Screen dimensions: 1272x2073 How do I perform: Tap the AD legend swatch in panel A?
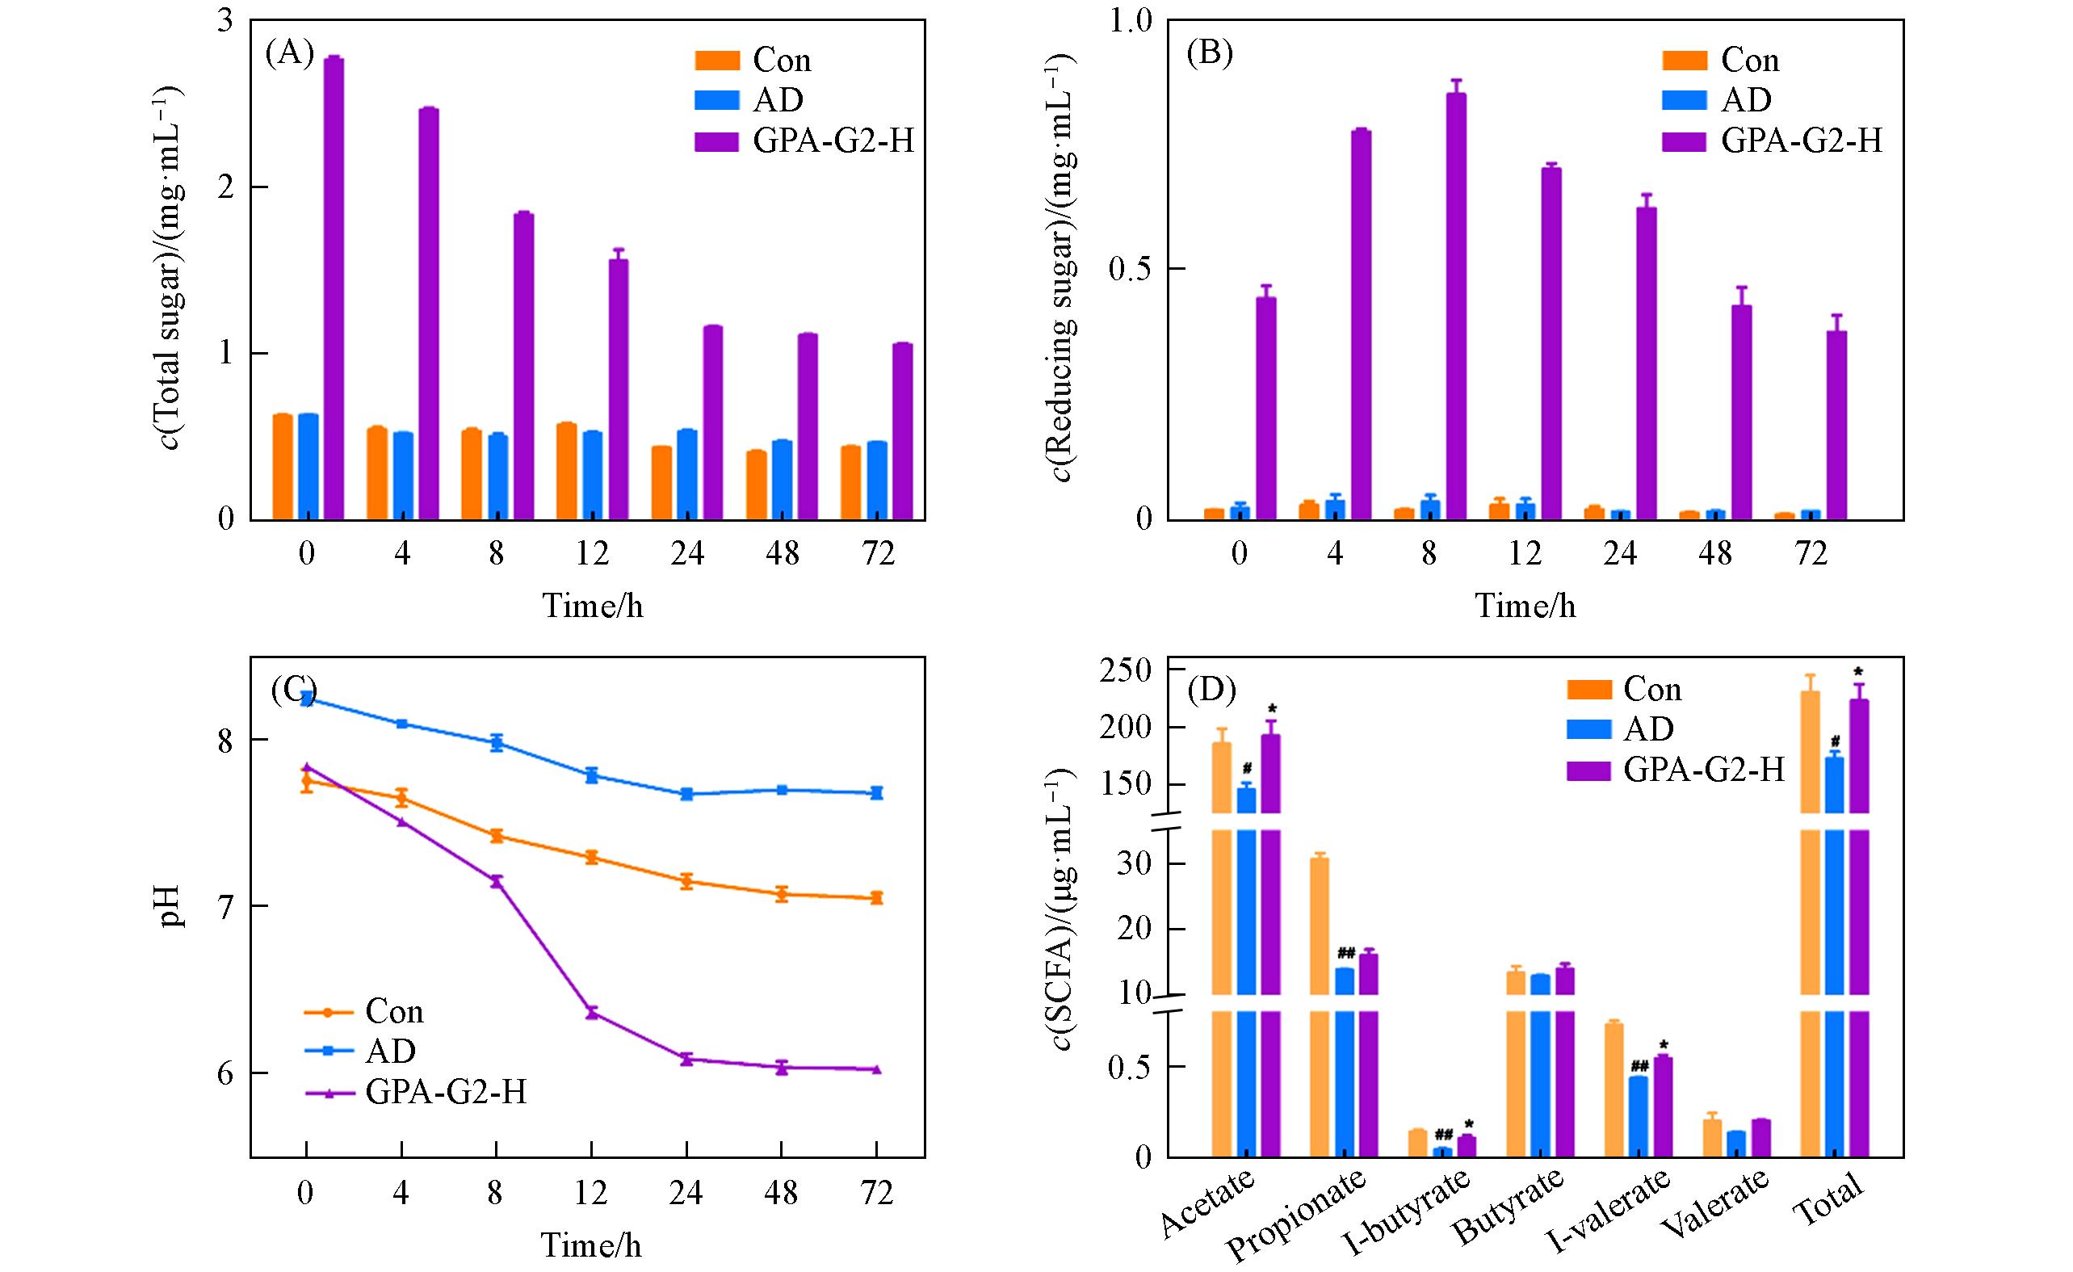pyautogui.click(x=717, y=99)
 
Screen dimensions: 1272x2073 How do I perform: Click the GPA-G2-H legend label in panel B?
pyautogui.click(x=1801, y=140)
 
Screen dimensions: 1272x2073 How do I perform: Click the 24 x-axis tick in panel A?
pyautogui.click(x=687, y=553)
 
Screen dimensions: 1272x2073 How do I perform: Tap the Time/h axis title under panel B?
pyautogui.click(x=1525, y=606)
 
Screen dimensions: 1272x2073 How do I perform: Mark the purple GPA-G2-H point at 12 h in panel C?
pyautogui.click(x=591, y=1013)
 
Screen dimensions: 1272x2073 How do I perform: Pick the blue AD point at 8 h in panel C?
pyautogui.click(x=497, y=743)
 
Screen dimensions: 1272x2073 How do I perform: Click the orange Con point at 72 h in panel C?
pyautogui.click(x=877, y=897)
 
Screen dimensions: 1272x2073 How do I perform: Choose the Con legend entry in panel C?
pyautogui.click(x=394, y=1011)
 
